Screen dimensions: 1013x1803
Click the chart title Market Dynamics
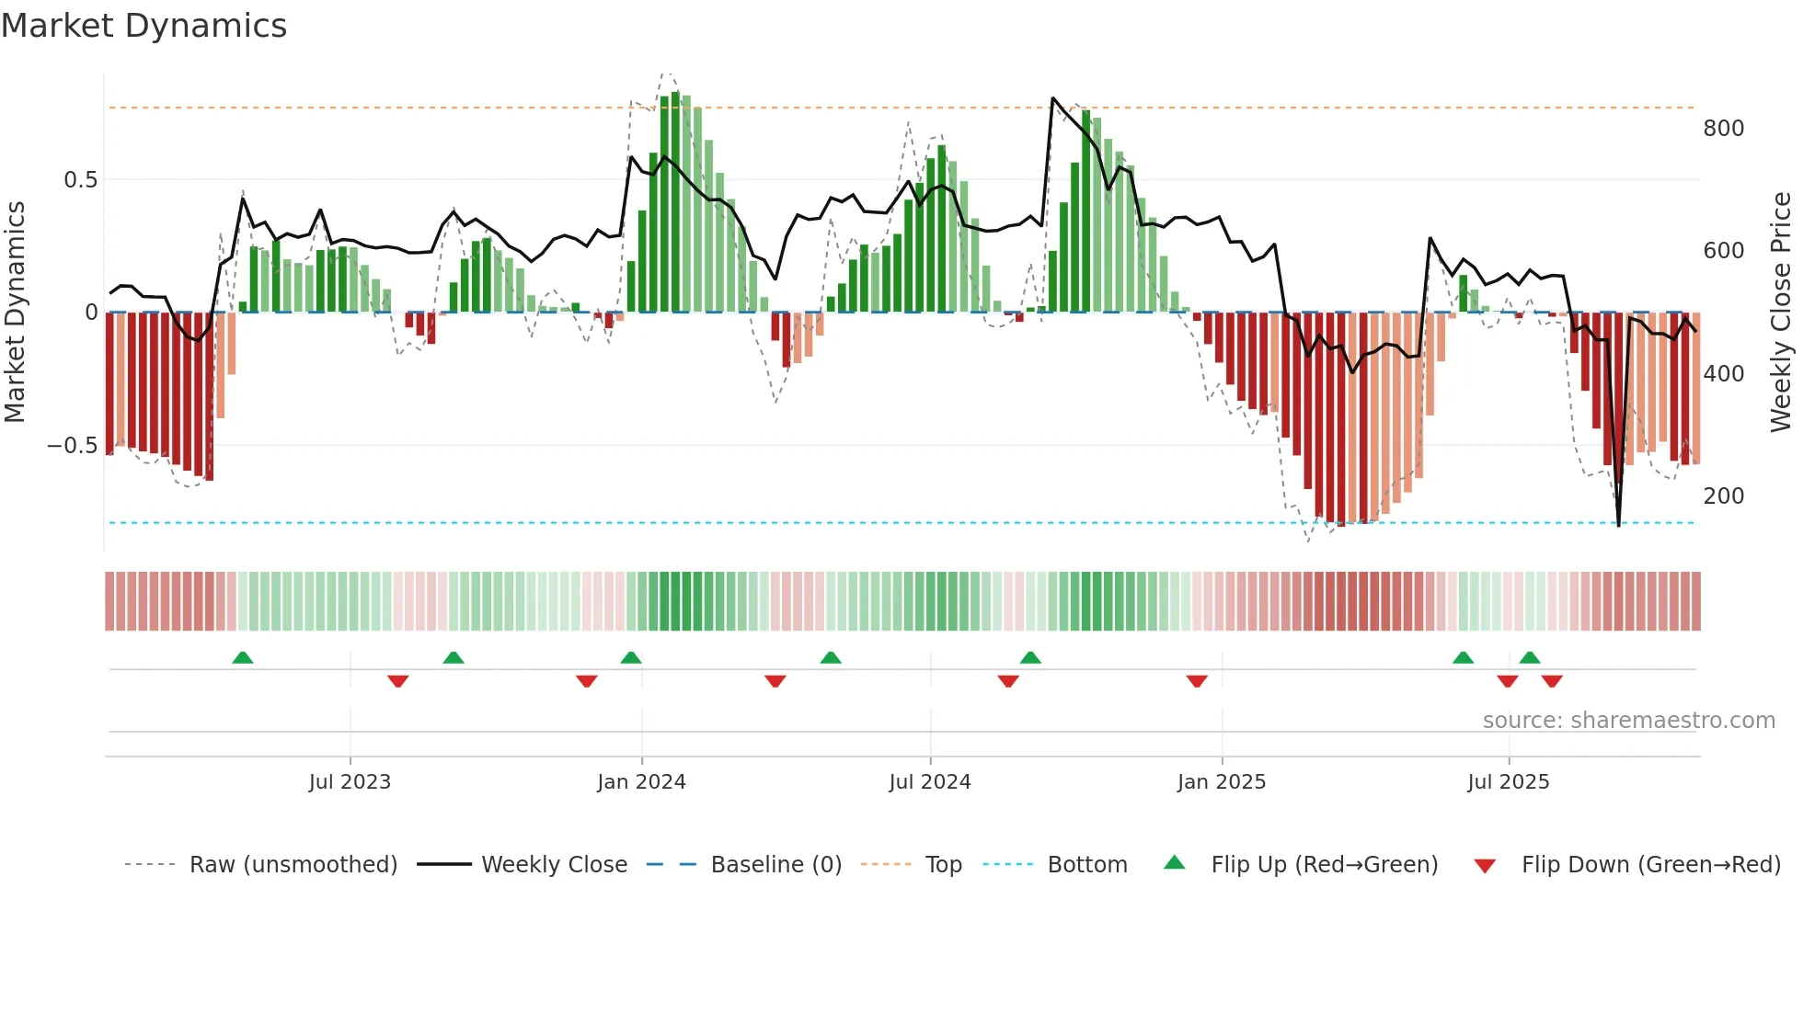click(144, 26)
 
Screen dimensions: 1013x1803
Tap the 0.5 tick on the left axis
click(80, 179)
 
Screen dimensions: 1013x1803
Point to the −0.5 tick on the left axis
click(72, 446)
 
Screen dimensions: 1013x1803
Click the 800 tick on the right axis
click(1723, 129)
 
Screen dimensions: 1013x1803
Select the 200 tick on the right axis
click(1723, 496)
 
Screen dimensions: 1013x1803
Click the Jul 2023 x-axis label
click(350, 782)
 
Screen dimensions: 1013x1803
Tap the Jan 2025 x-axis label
click(1221, 782)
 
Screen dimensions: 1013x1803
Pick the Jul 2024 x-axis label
click(929, 782)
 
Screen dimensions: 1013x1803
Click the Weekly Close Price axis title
click(1781, 313)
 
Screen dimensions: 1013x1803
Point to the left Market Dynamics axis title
click(15, 313)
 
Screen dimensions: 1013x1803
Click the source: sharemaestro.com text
click(1628, 721)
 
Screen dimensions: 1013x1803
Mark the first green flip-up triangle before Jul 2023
click(243, 658)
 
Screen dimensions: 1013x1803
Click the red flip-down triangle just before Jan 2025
click(1197, 681)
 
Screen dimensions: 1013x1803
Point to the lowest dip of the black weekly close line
click(1619, 525)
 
